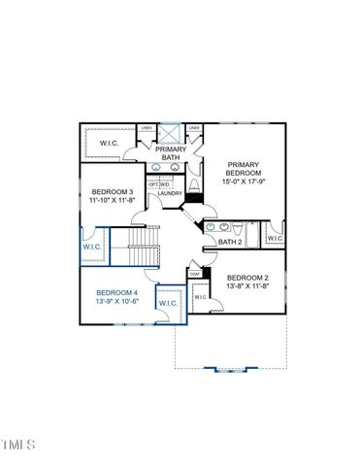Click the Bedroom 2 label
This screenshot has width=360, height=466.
[x=247, y=279]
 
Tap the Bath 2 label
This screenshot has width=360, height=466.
[x=229, y=242]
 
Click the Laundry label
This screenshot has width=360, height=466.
[x=171, y=193]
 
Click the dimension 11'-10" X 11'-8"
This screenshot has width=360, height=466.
[x=114, y=201]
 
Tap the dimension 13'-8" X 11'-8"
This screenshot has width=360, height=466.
[x=247, y=287]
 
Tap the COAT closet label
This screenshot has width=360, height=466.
[x=194, y=274]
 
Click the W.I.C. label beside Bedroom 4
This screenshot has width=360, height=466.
[x=167, y=304]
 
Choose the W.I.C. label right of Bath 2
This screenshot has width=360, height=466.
[x=275, y=238]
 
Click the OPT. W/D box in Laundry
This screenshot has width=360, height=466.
[x=159, y=183]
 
